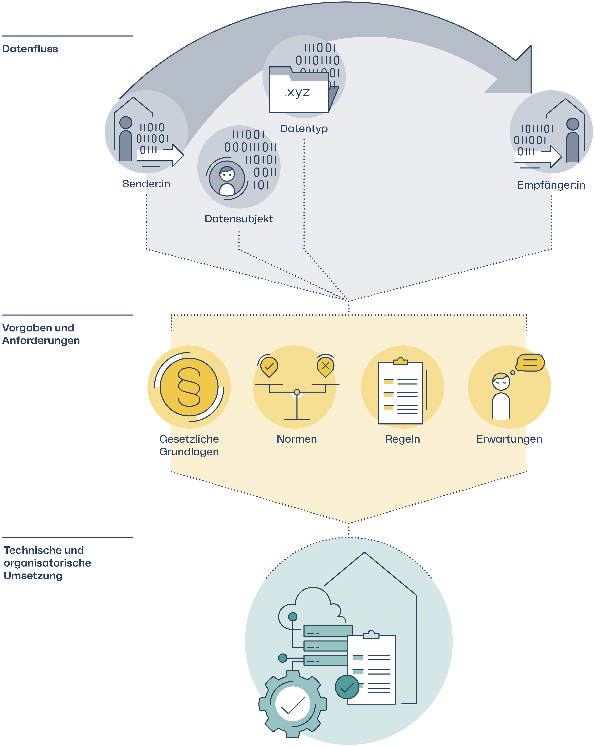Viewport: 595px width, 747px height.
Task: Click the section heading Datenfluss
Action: click(x=30, y=49)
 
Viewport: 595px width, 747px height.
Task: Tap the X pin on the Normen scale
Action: click(x=325, y=366)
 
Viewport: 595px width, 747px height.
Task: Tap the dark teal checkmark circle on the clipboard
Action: click(x=347, y=687)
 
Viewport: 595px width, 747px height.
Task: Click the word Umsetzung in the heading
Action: click(x=33, y=576)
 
